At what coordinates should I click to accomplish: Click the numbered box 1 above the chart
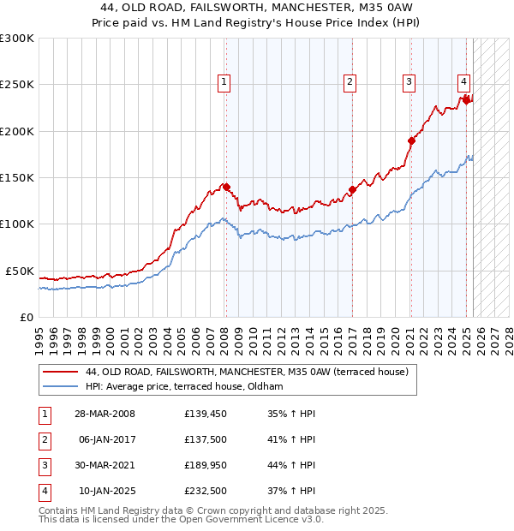tap(224, 82)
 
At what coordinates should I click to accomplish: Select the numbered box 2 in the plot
tap(350, 82)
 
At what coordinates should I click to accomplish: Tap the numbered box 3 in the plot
tap(409, 82)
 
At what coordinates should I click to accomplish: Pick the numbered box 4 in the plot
tap(463, 82)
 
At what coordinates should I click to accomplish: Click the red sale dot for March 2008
tap(226, 186)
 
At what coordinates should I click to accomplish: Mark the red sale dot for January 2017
tap(352, 189)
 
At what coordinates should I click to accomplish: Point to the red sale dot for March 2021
tap(411, 140)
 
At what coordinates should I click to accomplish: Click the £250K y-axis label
tap(17, 85)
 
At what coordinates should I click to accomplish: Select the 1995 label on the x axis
tap(39, 334)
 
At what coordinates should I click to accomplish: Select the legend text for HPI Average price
tap(184, 387)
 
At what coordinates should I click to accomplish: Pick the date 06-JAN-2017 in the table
tap(107, 439)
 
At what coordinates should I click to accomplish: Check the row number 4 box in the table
tap(44, 491)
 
